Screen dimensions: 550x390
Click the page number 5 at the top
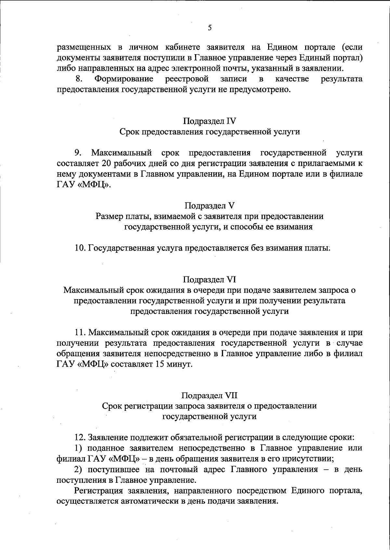tap(210, 28)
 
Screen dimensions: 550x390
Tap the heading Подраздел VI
tap(209, 279)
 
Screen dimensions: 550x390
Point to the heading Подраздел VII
tap(209, 396)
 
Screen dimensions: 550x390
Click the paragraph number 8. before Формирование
tap(78, 79)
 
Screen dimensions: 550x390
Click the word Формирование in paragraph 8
tap(124, 79)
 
